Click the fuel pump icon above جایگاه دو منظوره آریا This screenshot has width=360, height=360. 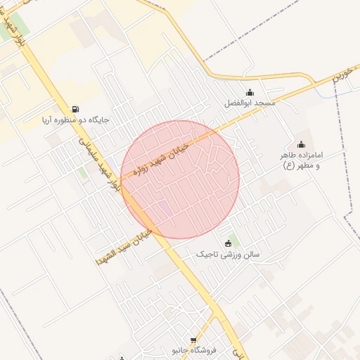click(x=75, y=108)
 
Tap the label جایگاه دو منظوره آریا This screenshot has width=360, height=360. click(x=76, y=120)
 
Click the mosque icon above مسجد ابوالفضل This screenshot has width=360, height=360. click(x=250, y=92)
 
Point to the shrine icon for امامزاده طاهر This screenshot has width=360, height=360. click(x=302, y=144)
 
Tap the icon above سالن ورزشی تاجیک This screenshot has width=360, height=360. click(x=227, y=243)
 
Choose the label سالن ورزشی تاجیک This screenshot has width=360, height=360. click(x=227, y=254)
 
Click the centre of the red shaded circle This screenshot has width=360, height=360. click(x=180, y=179)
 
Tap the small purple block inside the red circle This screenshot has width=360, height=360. click(x=163, y=208)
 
